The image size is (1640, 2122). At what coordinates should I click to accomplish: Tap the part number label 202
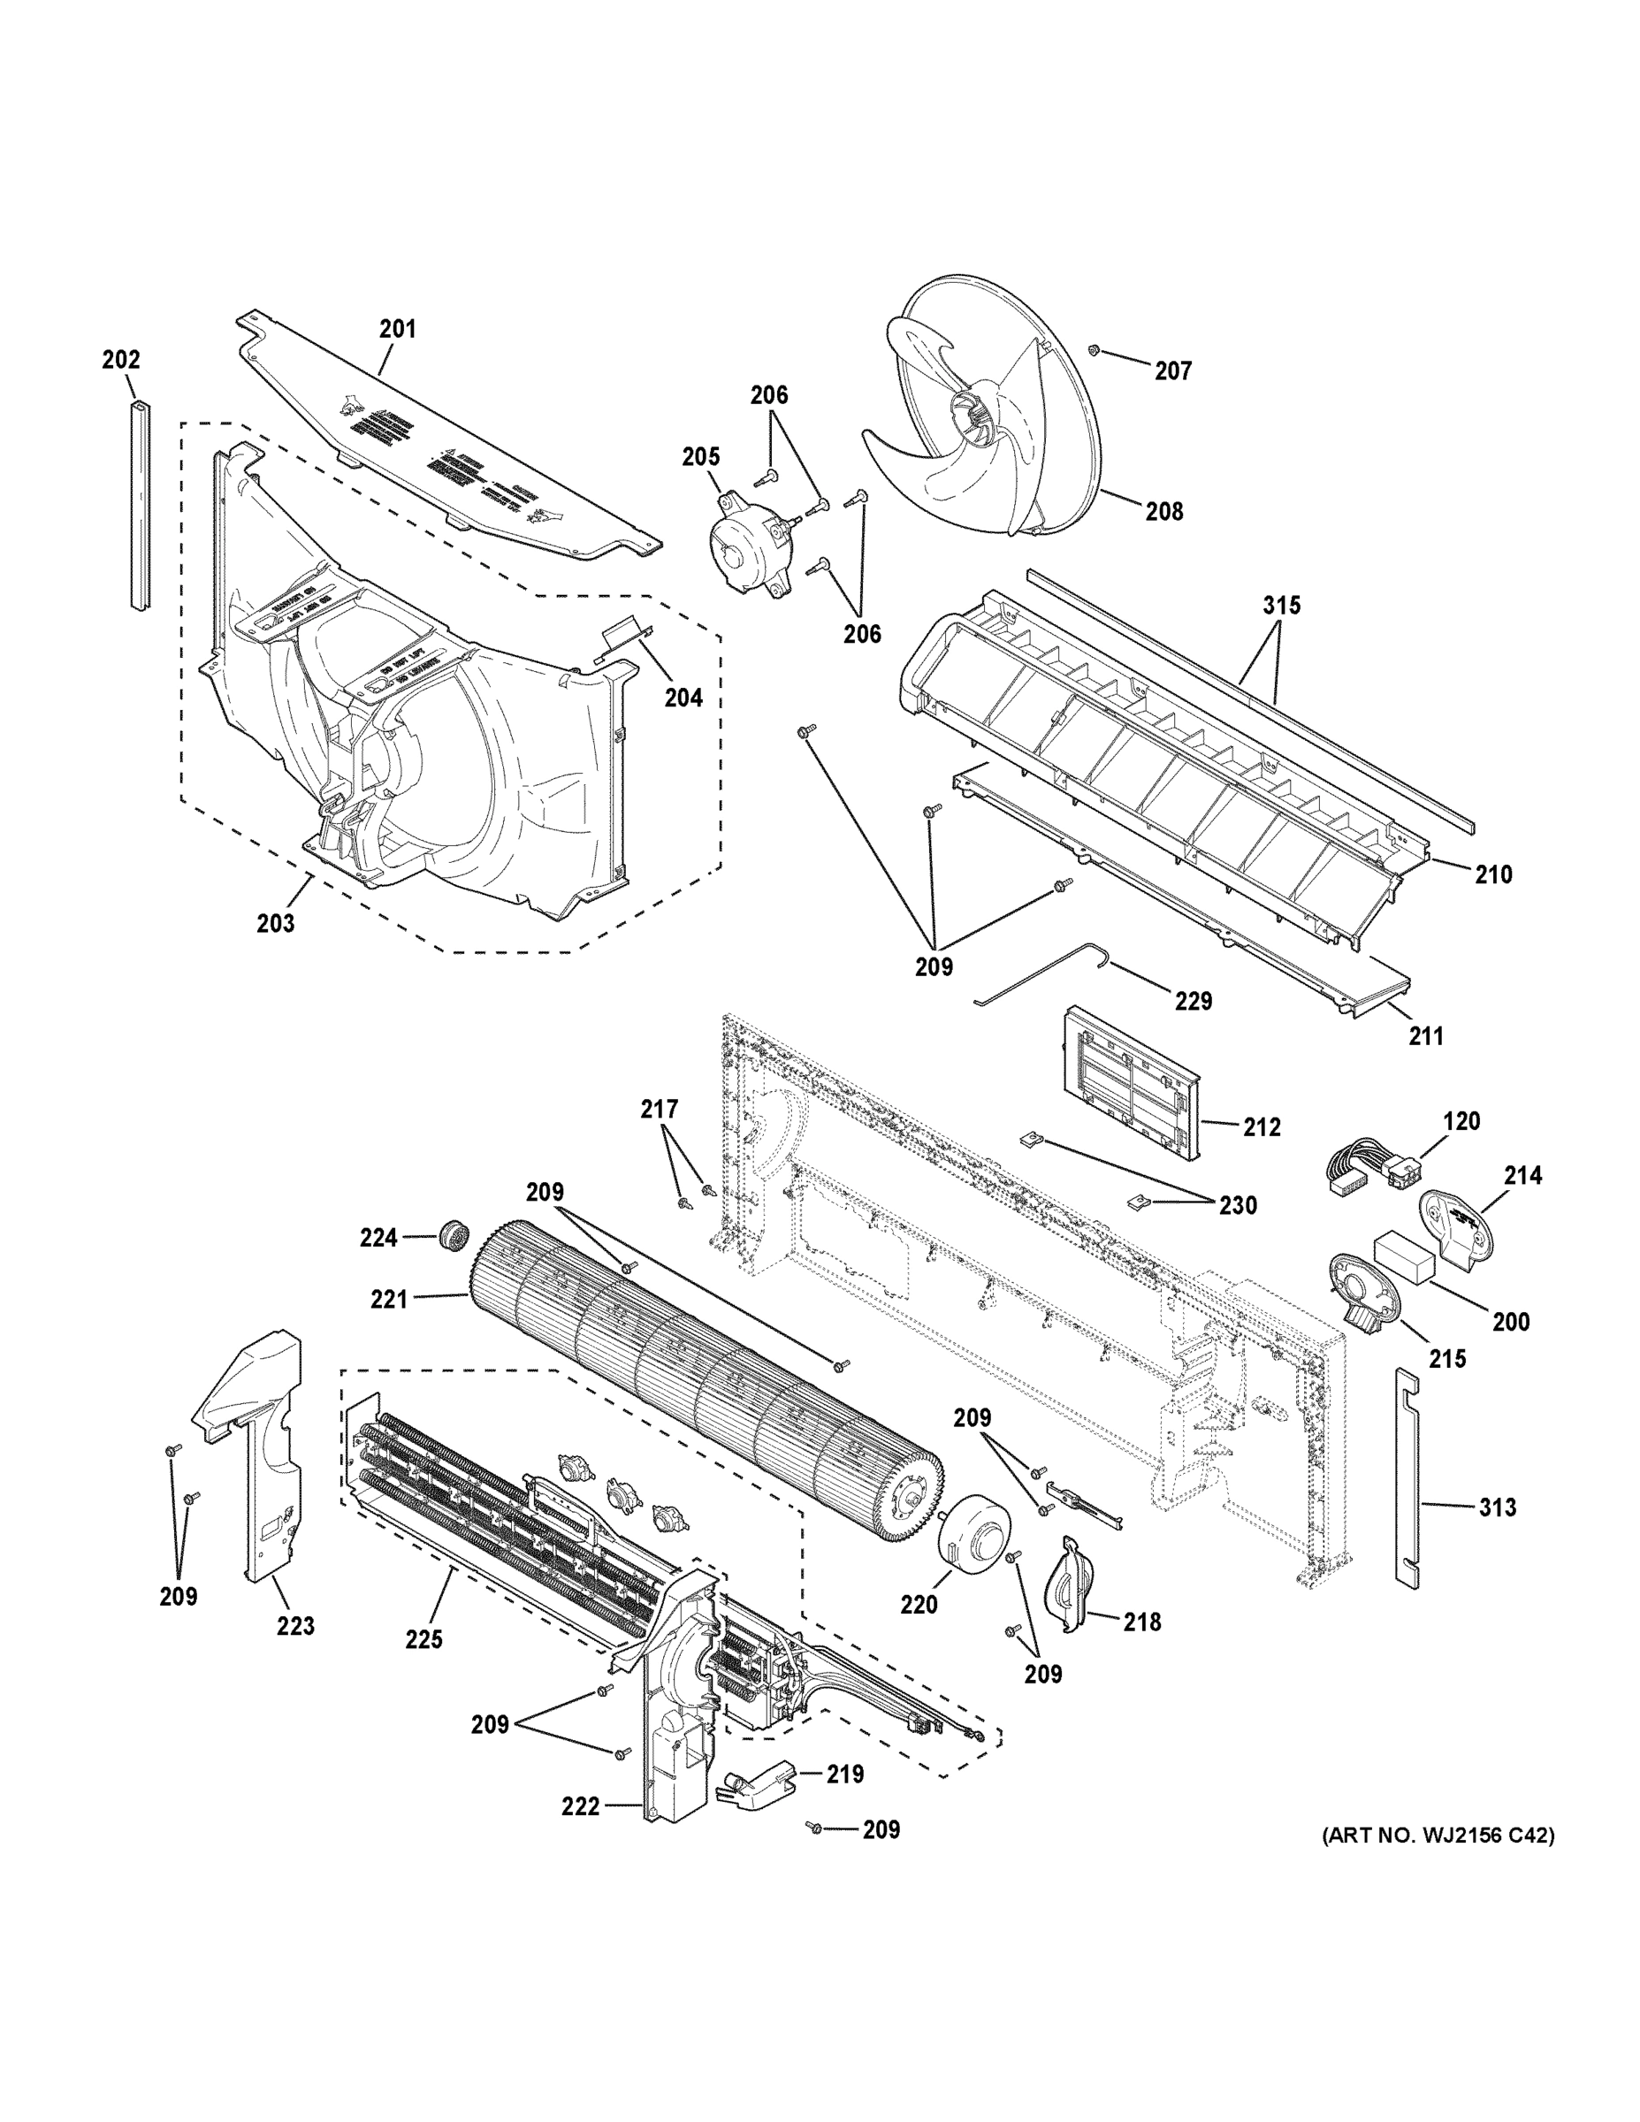(x=120, y=360)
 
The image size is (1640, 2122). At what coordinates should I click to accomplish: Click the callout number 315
(x=1281, y=606)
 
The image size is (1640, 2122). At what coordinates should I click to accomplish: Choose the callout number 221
(x=389, y=1298)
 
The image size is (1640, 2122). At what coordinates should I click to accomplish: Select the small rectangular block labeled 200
(x=1403, y=1259)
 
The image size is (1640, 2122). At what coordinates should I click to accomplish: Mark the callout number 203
(x=275, y=923)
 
